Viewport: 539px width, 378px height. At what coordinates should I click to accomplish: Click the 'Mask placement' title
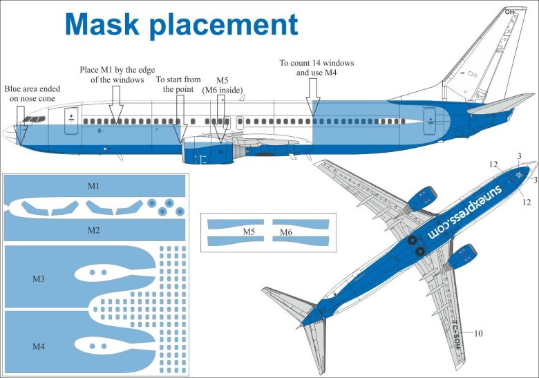pyautogui.click(x=181, y=25)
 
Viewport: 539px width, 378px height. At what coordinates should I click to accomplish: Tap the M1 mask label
pyautogui.click(x=93, y=186)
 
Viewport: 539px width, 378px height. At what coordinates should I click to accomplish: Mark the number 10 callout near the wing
pyautogui.click(x=478, y=334)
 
